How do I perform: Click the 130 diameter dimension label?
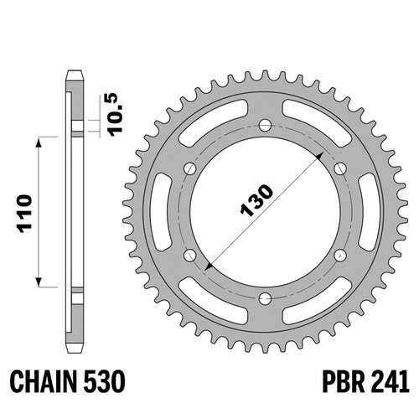coord(256,200)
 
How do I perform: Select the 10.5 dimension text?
coord(116,115)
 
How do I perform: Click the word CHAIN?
coord(44,381)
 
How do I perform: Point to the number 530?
coord(104,381)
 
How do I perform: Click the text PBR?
coord(344,381)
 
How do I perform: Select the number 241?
coord(390,381)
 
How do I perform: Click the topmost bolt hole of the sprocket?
coord(265,125)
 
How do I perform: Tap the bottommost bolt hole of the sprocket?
coord(265,299)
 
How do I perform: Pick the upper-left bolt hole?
coord(190,168)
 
